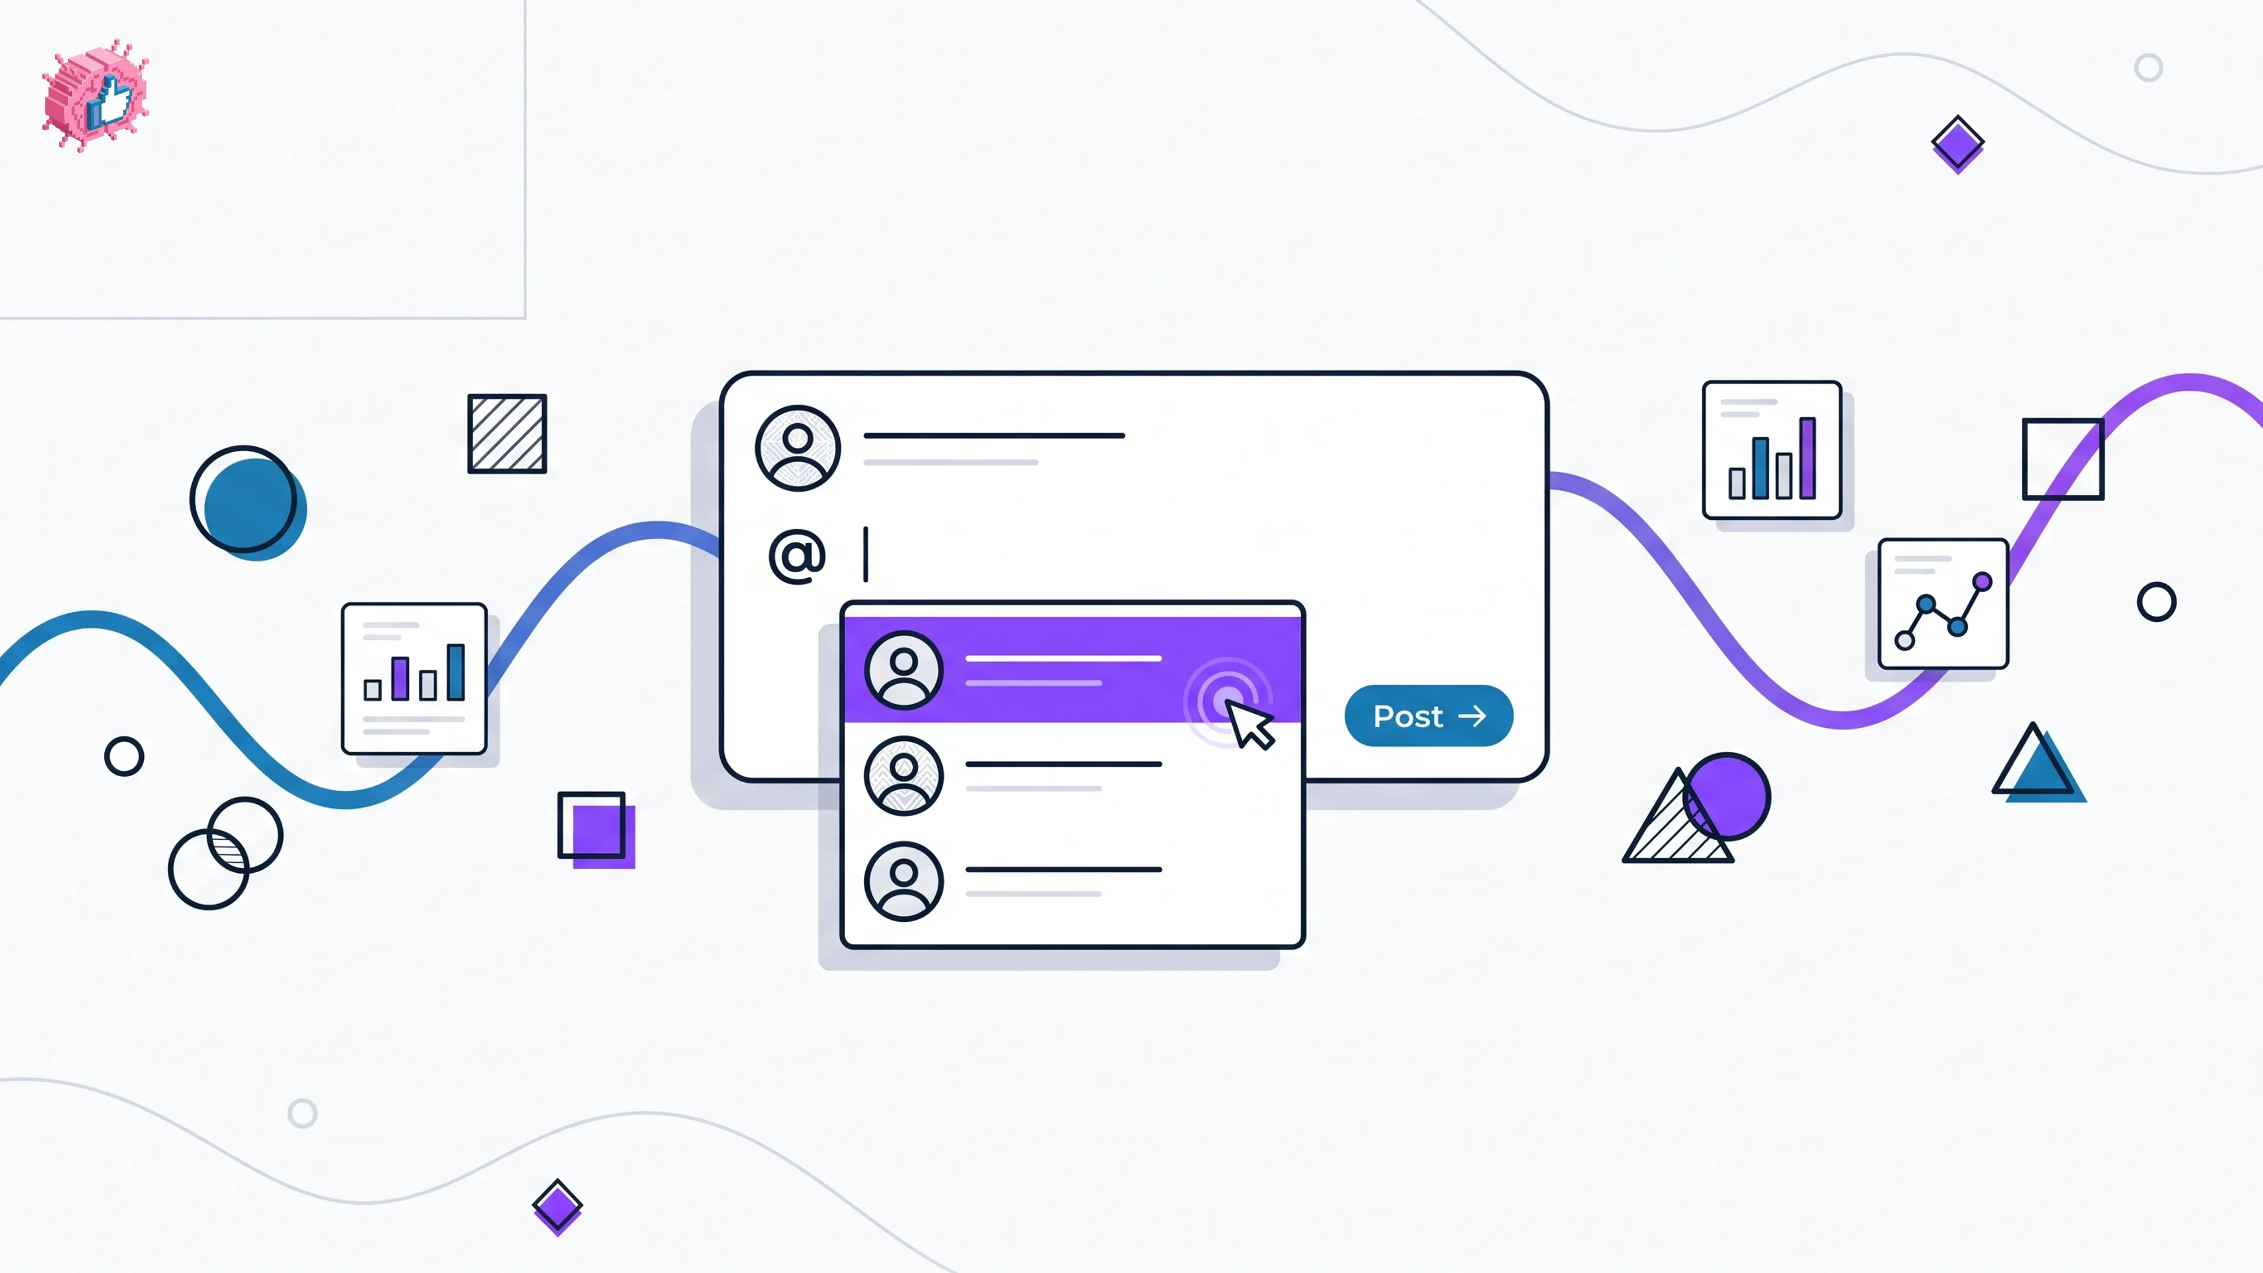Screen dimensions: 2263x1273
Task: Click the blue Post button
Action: (1429, 716)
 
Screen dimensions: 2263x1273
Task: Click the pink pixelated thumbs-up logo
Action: (95, 95)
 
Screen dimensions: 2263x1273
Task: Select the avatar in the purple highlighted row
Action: (903, 670)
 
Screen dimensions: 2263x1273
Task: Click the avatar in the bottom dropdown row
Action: (903, 881)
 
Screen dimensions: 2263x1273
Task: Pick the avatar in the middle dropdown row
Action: (903, 776)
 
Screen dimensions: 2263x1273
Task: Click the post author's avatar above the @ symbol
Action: (798, 448)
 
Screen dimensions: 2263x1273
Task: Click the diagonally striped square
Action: (507, 434)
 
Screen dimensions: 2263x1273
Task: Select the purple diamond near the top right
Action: (1957, 144)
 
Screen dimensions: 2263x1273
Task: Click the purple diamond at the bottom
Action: (557, 1207)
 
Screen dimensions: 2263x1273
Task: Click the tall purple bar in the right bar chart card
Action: (1807, 458)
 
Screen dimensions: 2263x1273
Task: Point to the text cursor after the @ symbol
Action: (866, 555)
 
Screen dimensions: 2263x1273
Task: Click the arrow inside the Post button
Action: (1472, 717)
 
